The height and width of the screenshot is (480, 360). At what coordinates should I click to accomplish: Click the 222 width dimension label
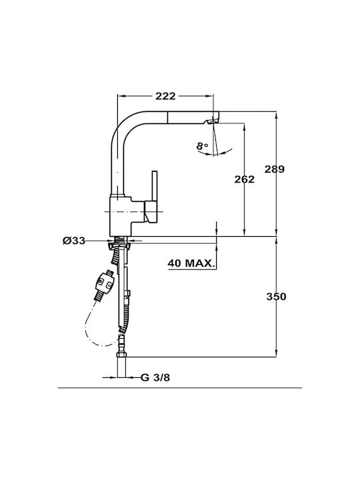[x=165, y=96]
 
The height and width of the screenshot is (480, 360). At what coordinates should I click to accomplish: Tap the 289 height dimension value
[x=275, y=169]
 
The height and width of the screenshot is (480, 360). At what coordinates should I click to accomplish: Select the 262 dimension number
[x=244, y=179]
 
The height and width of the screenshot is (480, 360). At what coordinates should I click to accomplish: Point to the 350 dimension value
[x=276, y=297]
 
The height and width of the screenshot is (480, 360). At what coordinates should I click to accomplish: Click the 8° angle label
[x=202, y=146]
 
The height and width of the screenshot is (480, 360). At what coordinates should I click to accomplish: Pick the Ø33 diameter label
[x=74, y=241]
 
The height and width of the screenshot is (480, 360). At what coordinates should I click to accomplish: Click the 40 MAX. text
[x=191, y=263]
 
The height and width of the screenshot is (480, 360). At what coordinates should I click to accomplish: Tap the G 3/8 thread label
[x=155, y=377]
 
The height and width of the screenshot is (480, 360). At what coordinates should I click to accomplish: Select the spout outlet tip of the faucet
[x=213, y=120]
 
